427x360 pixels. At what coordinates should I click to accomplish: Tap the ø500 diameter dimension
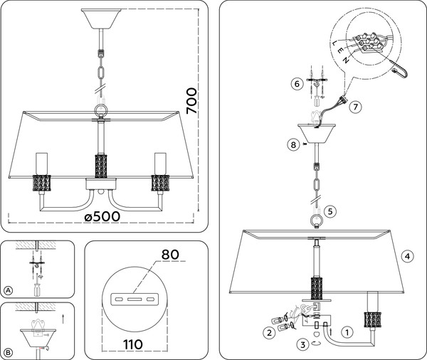[x=102, y=216]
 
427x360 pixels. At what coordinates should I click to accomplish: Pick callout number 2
[x=268, y=332]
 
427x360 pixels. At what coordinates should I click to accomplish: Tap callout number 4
[x=406, y=255]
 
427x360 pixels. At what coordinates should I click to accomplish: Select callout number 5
[x=330, y=211]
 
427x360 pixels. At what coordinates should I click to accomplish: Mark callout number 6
[x=297, y=84]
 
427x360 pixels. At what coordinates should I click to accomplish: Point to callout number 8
[x=293, y=144]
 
